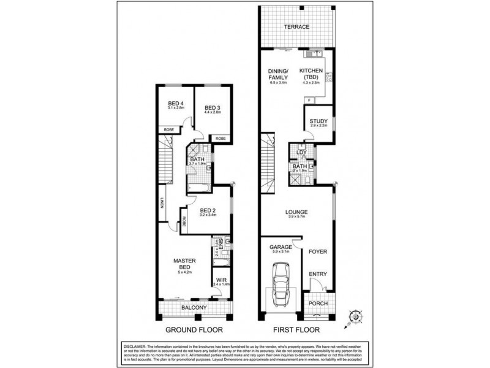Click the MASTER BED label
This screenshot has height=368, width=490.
click(x=184, y=264)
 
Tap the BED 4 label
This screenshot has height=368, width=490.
click(x=176, y=103)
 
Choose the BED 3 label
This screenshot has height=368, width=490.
click(x=212, y=108)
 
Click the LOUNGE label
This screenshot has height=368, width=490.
click(x=296, y=213)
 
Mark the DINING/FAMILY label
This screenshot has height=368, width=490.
click(x=278, y=74)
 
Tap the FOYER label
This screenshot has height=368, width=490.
click(x=317, y=251)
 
